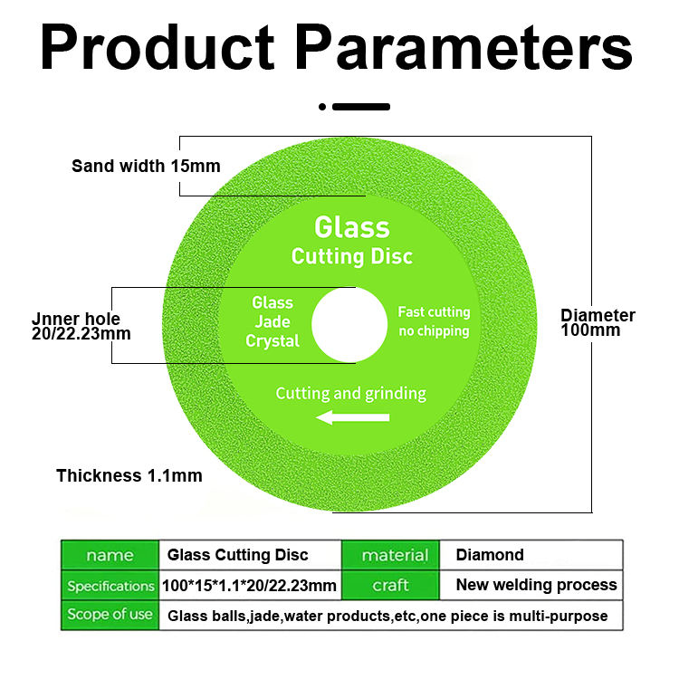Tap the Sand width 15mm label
click(146, 166)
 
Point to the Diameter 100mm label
click(598, 322)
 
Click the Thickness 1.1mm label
click(129, 475)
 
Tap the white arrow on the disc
click(353, 417)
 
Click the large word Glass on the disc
click(351, 226)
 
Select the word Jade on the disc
click(273, 321)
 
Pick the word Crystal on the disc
click(273, 341)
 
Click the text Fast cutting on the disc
click(434, 312)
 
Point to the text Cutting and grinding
click(350, 394)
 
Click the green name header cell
click(109, 555)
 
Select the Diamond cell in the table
click(490, 555)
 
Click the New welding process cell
click(536, 585)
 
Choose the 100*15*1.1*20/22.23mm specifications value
click(249, 586)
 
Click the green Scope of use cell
click(110, 615)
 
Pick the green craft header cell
click(390, 585)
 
